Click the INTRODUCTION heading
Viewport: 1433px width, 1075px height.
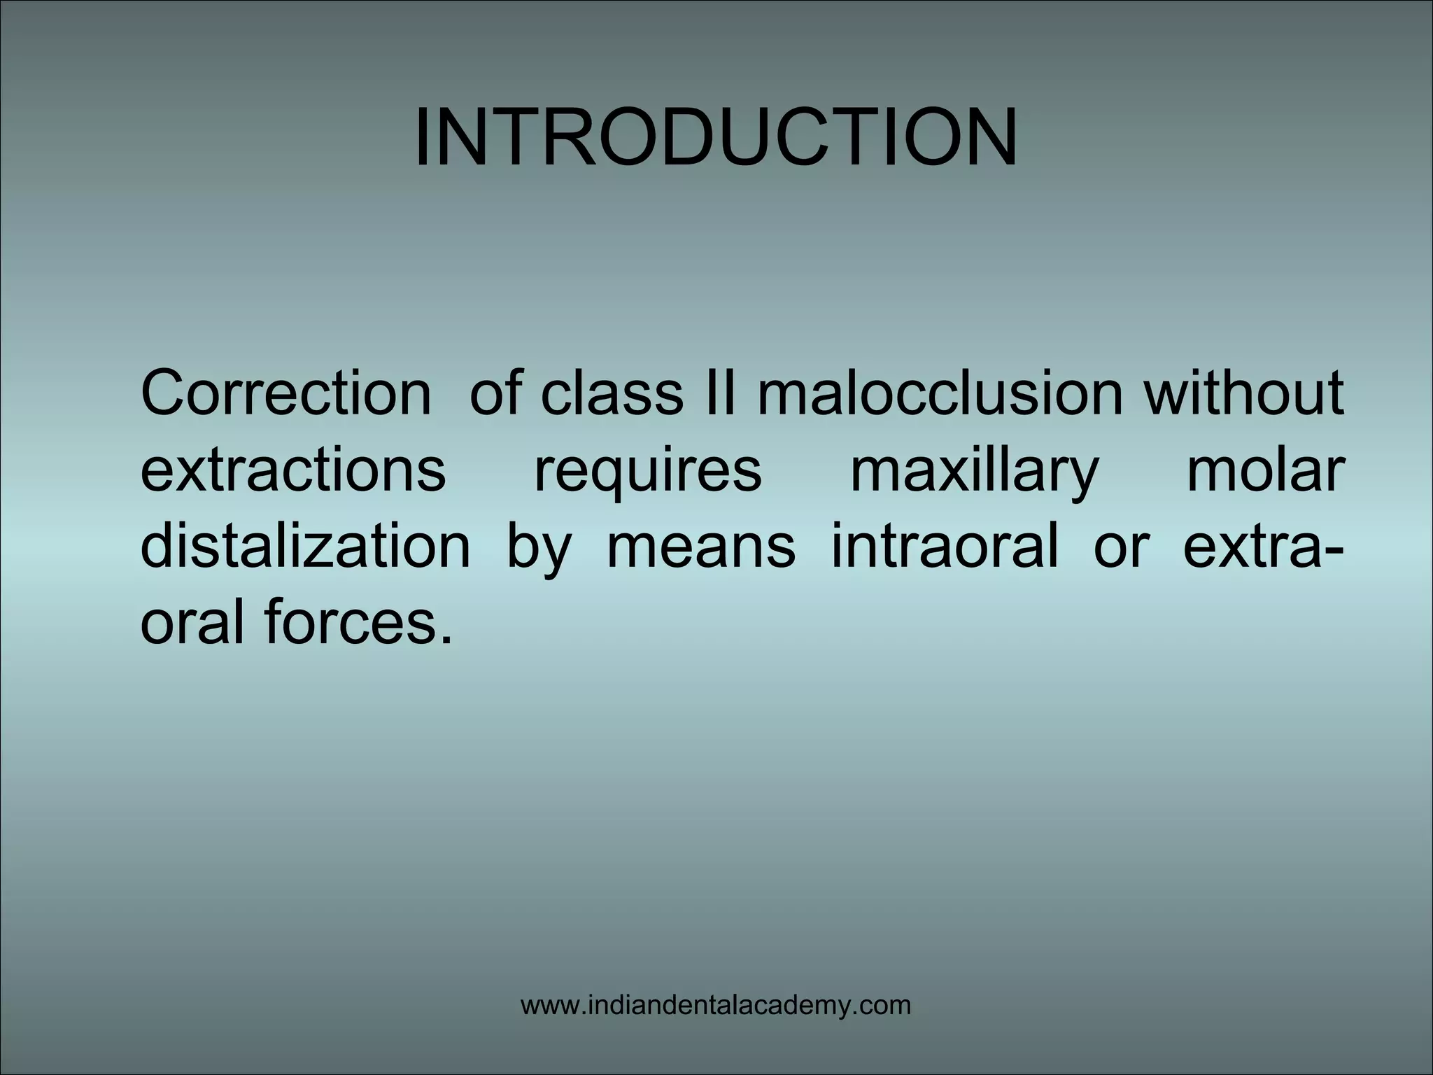pos(716,139)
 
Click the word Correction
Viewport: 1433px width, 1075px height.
pos(285,393)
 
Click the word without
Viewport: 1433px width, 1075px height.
pos(1243,393)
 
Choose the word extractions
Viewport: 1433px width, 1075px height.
pos(293,470)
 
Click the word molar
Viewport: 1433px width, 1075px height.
pos(1265,470)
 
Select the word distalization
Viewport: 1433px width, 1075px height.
pos(306,546)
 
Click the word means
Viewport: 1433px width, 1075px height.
pos(701,547)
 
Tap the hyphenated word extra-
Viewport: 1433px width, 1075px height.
pos(1259,546)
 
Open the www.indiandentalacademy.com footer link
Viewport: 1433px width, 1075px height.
pos(716,1006)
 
